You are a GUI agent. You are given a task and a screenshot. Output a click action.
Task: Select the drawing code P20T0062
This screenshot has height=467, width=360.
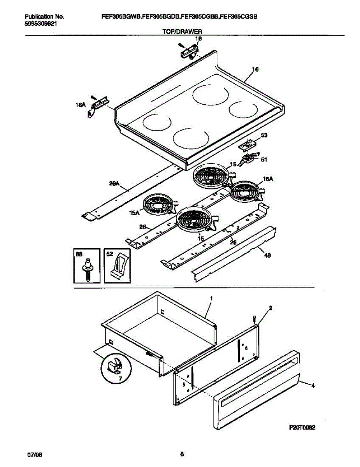pos(302,427)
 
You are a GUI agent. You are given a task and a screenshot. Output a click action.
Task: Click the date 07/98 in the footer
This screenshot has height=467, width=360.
pos(34,455)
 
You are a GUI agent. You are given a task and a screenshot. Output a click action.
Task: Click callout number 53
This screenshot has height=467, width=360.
pos(264,135)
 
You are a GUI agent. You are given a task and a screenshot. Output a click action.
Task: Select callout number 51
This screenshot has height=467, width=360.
pos(264,159)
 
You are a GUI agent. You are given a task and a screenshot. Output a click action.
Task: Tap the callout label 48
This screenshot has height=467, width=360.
pos(268,255)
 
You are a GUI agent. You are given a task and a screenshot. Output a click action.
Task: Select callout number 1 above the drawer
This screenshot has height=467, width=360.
pos(211,298)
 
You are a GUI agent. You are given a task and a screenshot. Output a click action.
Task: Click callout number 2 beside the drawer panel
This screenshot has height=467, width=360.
pos(270,307)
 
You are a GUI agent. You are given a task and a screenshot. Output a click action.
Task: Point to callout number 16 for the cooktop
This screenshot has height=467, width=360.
pos(255,70)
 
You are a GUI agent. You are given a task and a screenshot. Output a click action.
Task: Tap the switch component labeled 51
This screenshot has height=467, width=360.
pos(248,159)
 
